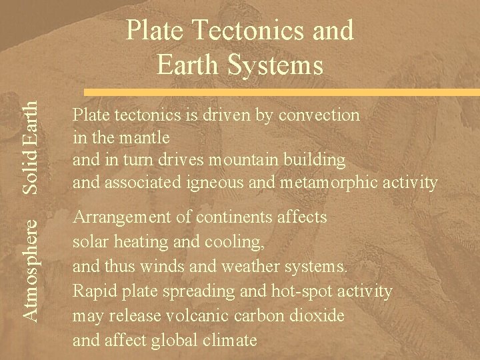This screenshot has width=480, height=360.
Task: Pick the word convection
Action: click(x=321, y=115)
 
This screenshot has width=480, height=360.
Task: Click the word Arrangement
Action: click(x=121, y=218)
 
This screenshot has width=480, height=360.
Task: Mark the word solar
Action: click(x=89, y=240)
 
